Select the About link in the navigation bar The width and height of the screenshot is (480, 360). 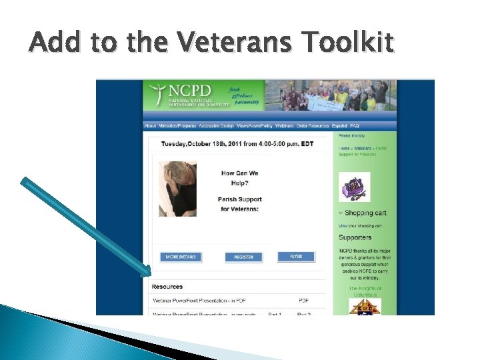point(150,125)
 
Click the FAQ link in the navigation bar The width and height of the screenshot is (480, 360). point(355,125)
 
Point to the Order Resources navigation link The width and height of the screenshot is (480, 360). point(312,125)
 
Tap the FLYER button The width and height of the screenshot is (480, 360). point(296,257)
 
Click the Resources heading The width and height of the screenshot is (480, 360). point(167,287)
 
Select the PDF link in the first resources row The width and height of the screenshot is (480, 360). point(303,301)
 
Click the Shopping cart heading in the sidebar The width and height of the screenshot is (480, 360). point(365,213)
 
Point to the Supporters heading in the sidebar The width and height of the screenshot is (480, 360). point(355,237)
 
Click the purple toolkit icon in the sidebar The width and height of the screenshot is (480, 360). point(354,187)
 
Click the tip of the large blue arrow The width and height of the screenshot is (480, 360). point(150,273)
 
